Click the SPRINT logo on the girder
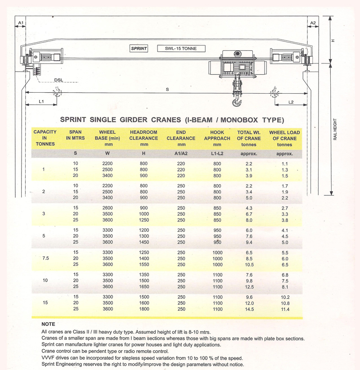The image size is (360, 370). pos(139,49)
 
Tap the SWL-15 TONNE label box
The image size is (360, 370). pos(180,49)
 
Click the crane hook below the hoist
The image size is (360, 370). pos(236,103)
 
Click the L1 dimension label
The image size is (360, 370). pos(41,102)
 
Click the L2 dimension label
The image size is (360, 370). pos(291,102)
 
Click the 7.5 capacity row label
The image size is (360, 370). pos(44,259)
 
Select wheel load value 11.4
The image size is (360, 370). pos(285,309)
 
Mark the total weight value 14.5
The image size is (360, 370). pos(249,309)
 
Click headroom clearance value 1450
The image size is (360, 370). pos(144,242)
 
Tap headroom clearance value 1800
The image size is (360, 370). pos(144,309)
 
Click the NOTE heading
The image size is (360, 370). pos(48,324)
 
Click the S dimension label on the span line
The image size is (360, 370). pos(167,90)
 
